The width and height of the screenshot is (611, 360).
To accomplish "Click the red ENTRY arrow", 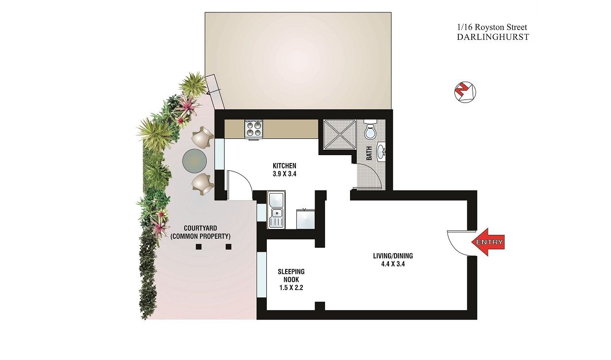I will coord(488,242).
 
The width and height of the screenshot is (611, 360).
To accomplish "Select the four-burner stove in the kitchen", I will coord(254,129).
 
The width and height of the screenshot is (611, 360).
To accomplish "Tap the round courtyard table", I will coord(194,160).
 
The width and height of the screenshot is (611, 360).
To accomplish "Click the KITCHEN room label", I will coord(285,165).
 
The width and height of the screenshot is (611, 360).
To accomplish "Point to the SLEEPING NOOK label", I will coord(291,276).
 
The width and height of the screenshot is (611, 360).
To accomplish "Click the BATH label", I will coord(369,154).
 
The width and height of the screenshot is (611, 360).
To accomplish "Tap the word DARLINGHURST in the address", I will coord(492,36).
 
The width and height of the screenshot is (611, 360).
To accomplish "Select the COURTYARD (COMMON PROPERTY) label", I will coord(200,232).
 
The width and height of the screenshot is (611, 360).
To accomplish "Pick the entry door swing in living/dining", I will coord(457,242).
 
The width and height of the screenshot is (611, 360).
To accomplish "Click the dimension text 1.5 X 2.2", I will coord(291,288).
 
